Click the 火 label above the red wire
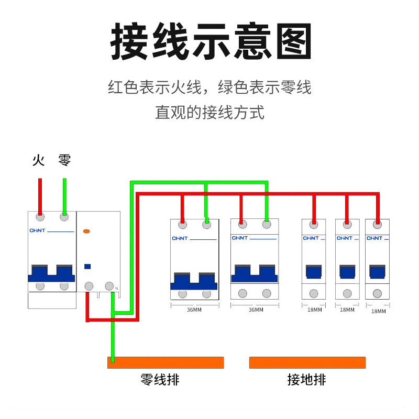tap(38, 160)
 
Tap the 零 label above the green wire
tap(64, 160)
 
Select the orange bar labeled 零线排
tap(166, 362)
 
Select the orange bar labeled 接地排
tap(307, 362)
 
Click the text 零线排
tap(160, 380)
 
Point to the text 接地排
tap(307, 380)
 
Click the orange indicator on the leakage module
tap(87, 231)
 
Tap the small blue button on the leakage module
tap(87, 266)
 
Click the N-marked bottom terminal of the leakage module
tap(109, 286)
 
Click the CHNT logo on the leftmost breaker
tap(38, 230)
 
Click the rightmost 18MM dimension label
tap(378, 311)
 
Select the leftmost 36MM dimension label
tap(194, 310)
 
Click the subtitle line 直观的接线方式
tap(210, 113)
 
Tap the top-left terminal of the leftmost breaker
tap(40, 216)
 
